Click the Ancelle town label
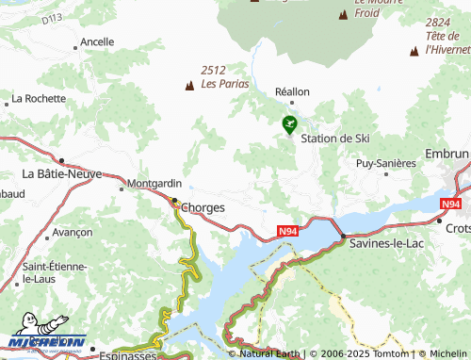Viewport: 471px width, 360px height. tap(97, 42)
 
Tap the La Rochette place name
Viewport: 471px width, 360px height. tap(38, 98)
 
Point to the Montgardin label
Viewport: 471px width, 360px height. tap(154, 184)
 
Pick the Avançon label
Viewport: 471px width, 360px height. tap(73, 232)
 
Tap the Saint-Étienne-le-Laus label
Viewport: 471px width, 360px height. tap(55, 273)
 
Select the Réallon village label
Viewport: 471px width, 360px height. tap(291, 92)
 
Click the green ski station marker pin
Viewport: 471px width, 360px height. tap(289, 123)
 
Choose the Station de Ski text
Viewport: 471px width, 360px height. tap(334, 139)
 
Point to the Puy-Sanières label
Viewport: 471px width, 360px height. tap(385, 163)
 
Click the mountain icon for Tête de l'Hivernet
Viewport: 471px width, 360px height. tap(414, 51)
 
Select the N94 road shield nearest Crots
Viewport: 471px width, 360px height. tap(450, 203)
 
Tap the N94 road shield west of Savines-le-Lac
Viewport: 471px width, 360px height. tap(291, 230)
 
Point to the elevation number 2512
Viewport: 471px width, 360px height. tap(214, 69)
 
